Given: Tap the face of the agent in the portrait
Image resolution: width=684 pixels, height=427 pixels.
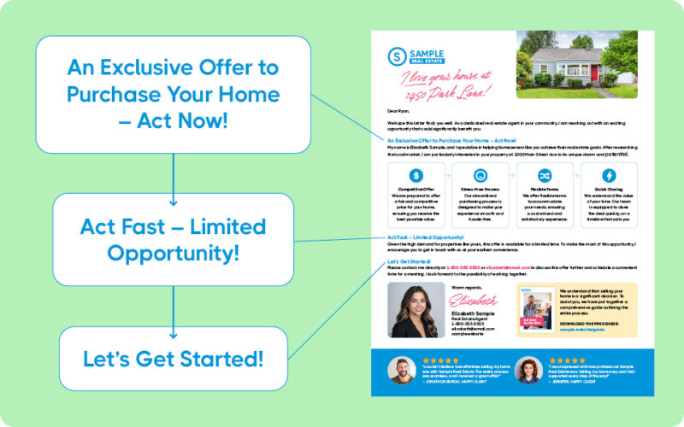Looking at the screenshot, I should coord(416,298).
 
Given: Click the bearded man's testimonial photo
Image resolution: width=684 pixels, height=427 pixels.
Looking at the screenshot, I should coord(401,370).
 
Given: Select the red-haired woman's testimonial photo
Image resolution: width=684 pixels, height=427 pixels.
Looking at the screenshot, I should coord(527,370).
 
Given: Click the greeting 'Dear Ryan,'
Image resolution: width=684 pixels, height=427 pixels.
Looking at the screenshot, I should coord(399,111).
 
